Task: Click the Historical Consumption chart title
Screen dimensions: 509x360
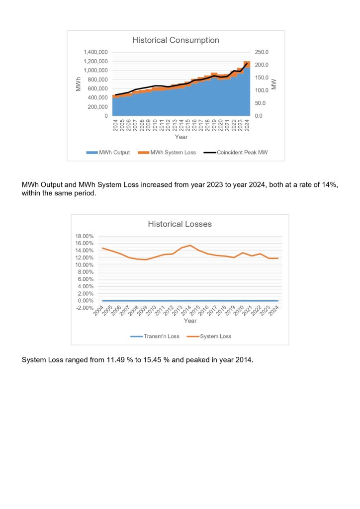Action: pos(176,40)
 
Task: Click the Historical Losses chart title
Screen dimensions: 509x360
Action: pos(180,224)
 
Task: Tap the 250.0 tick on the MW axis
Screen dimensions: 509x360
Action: pos(262,52)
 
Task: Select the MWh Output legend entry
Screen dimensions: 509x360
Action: pos(108,153)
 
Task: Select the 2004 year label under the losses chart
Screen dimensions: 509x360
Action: pos(99,313)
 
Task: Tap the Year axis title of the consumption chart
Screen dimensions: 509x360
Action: pos(181,136)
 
